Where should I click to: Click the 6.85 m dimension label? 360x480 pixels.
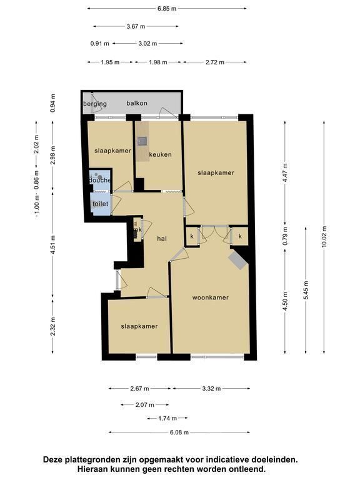[167, 9]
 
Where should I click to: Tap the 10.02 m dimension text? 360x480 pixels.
[324, 237]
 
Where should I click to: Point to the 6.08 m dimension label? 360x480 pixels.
[179, 432]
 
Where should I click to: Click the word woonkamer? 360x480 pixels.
[210, 297]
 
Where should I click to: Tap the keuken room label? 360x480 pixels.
[160, 154]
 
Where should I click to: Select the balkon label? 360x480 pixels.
[137, 103]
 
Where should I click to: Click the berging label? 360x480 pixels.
[95, 104]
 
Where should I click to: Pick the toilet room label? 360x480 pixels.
[101, 204]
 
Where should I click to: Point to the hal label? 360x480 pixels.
[162, 238]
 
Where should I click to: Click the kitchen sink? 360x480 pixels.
[142, 141]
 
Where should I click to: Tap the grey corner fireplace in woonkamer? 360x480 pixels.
[238, 259]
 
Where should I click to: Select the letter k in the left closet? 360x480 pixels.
[192, 236]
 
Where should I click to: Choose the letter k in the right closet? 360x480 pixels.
[240, 236]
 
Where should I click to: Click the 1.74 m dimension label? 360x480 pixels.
[167, 418]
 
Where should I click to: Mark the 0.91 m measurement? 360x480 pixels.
[99, 44]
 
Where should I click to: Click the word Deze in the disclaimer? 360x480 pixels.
[52, 459]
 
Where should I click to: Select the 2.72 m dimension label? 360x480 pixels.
[215, 62]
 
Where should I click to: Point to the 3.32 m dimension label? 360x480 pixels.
[211, 389]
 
